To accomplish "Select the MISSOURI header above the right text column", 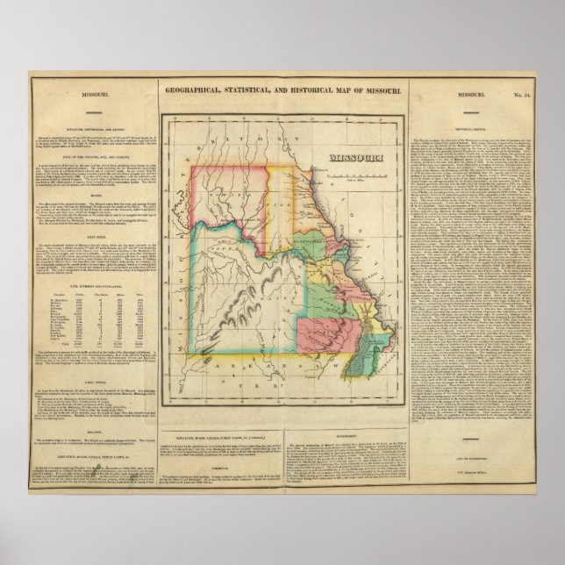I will [476, 94].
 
